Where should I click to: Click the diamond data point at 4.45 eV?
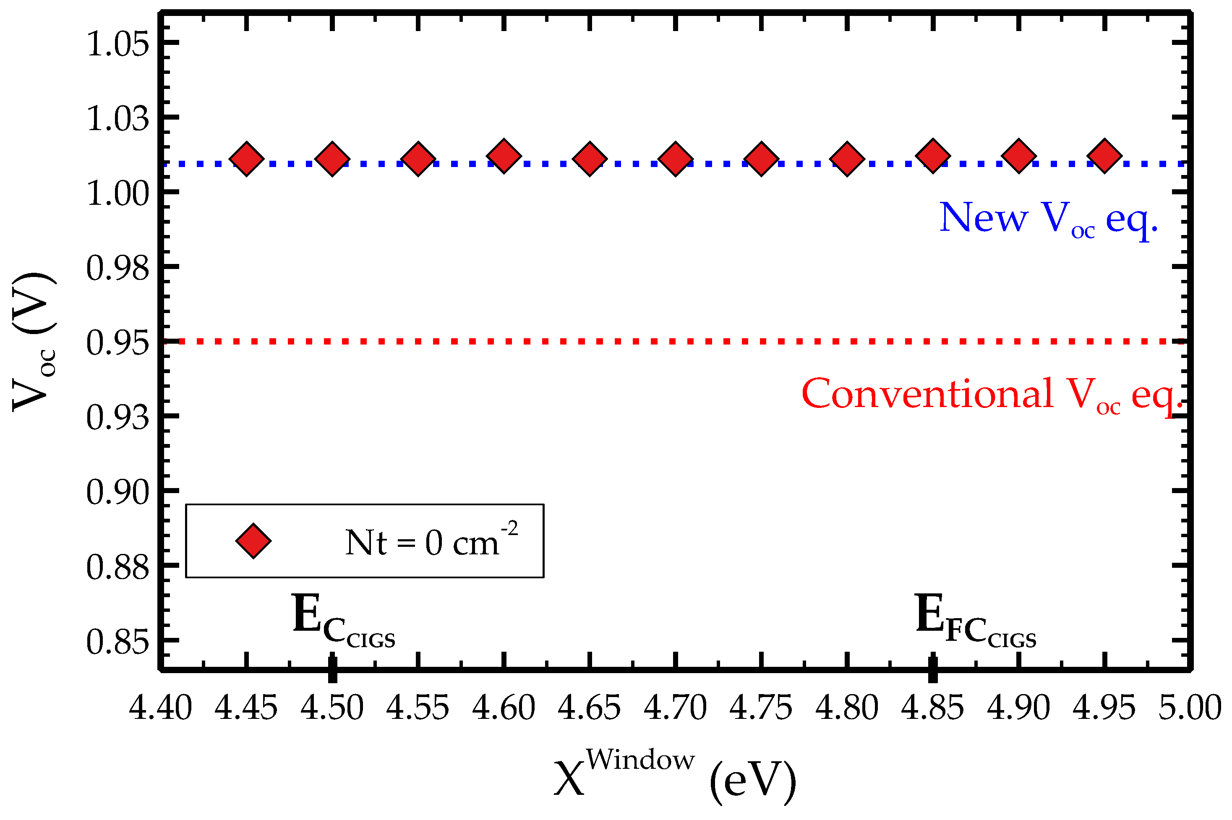246,159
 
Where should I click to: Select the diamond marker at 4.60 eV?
504,156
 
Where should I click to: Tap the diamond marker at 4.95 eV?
1104,156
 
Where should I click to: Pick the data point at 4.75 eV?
761,159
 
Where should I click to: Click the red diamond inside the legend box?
253,541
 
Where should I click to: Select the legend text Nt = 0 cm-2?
431,542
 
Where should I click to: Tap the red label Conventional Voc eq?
991,395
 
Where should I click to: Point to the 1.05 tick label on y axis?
117,44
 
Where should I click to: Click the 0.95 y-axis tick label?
117,343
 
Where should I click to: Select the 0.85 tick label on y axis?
117,642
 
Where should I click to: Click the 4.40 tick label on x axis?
161,708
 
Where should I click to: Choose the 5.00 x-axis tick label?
1190,708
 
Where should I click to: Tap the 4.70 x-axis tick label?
675,708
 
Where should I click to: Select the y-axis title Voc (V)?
34,342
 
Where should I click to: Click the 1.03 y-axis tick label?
117,119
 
